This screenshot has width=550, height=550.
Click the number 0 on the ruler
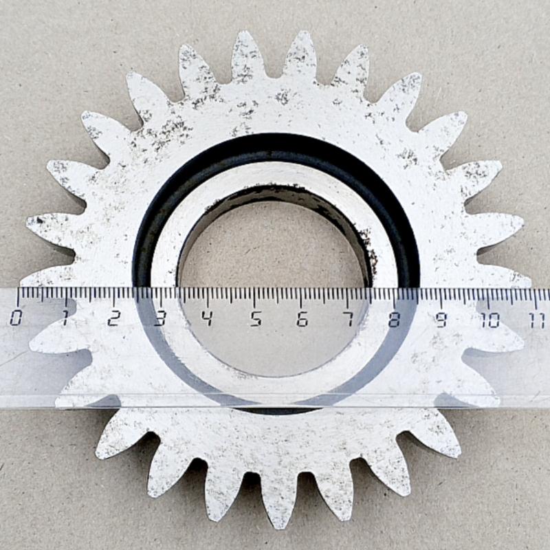(x=15, y=318)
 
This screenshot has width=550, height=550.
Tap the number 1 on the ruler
(x=65, y=318)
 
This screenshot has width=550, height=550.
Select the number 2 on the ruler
(x=113, y=318)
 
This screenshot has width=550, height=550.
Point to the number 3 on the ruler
(x=160, y=318)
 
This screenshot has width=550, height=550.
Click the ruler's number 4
(x=208, y=318)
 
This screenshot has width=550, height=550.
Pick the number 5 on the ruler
(x=256, y=319)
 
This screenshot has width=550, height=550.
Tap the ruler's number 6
(x=302, y=319)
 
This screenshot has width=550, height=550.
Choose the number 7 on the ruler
(x=349, y=319)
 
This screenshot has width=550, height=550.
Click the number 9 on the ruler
(x=441, y=320)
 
